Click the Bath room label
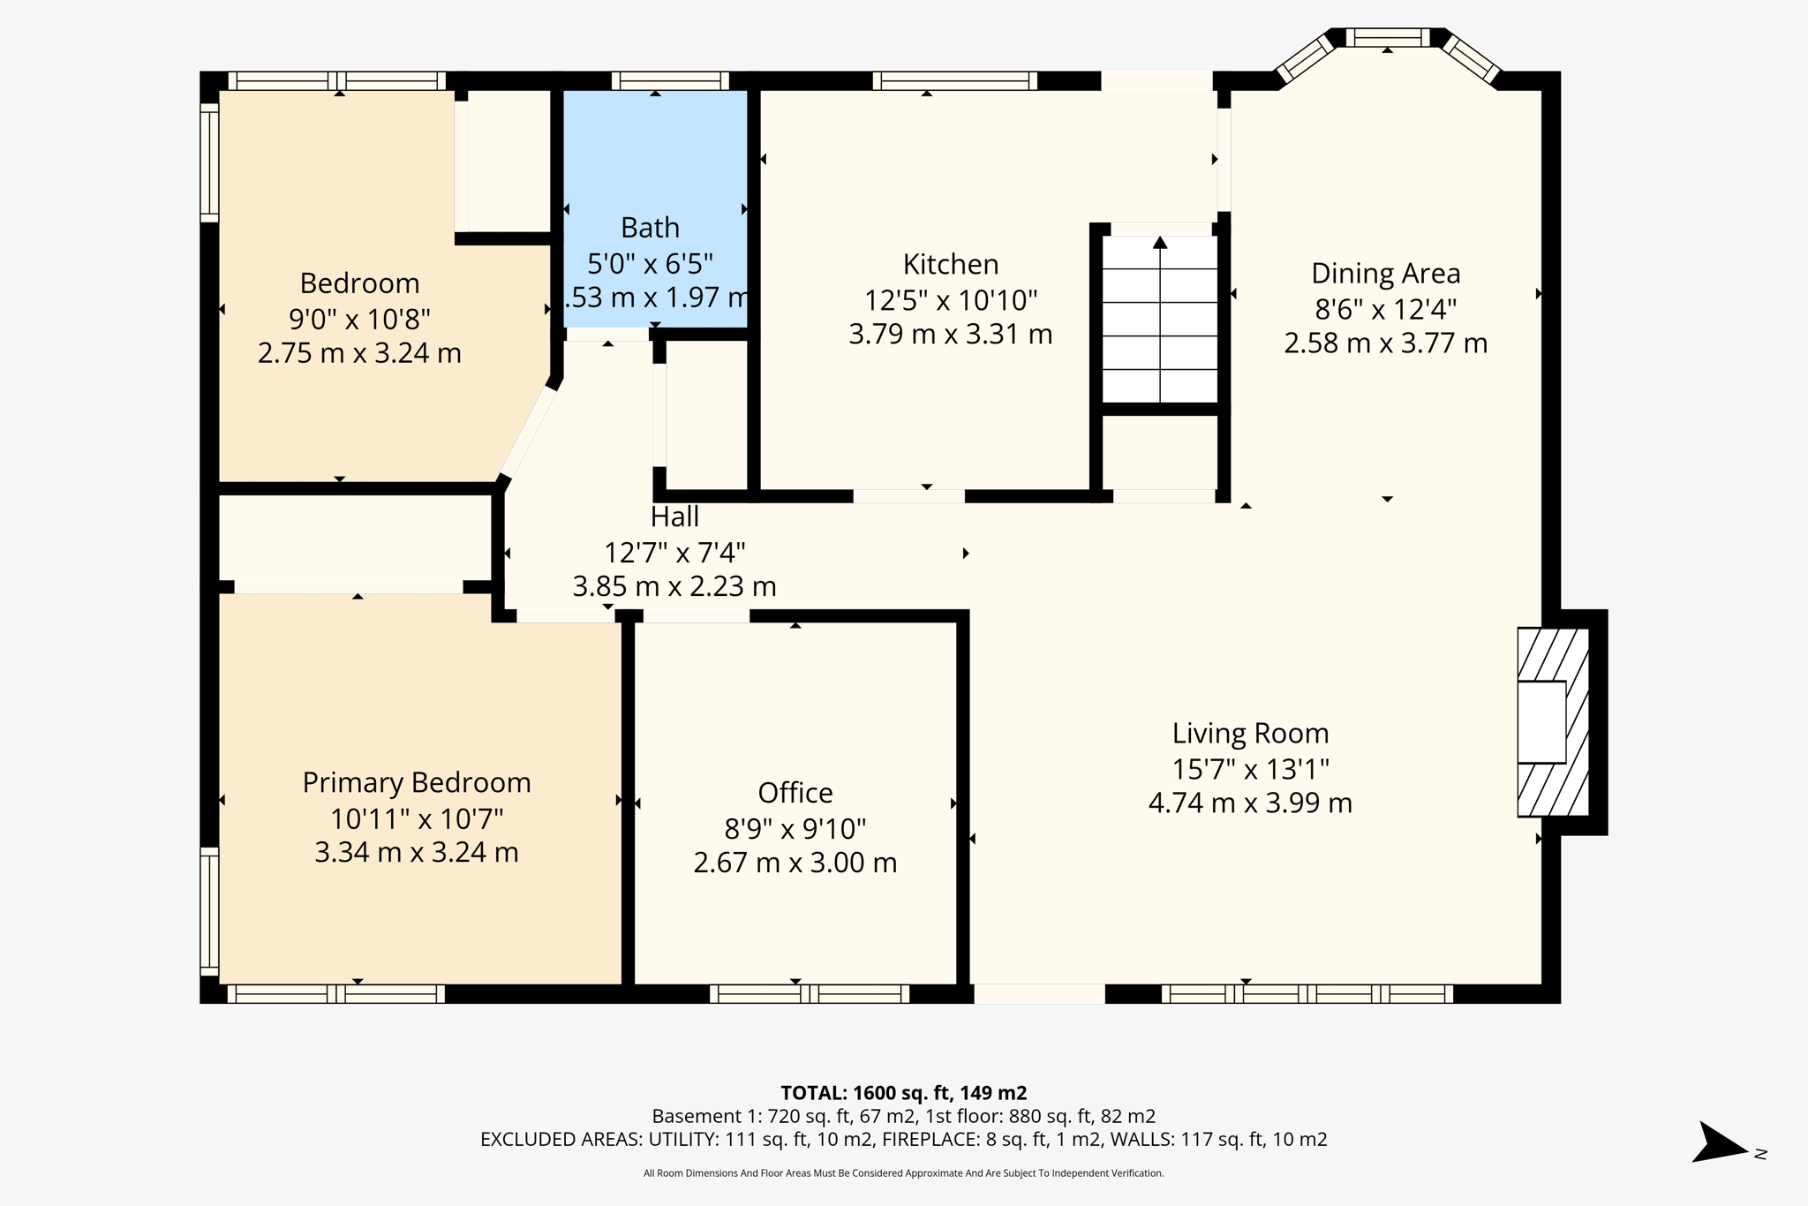[650, 228]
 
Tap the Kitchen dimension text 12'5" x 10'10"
[950, 300]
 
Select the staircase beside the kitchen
[1160, 318]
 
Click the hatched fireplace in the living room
[1553, 722]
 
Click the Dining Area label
[1385, 274]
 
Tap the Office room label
[795, 793]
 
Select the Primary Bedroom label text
[417, 782]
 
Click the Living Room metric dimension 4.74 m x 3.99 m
[1250, 803]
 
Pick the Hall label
[674, 516]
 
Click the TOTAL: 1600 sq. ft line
[903, 1093]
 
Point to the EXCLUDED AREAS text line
[903, 1140]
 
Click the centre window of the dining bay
[1387, 38]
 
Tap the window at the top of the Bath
[670, 81]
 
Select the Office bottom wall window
[810, 994]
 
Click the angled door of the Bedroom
[528, 433]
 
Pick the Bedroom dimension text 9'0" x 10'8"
[359, 319]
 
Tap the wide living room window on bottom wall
[1307, 994]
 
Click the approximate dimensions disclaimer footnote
[903, 1173]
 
